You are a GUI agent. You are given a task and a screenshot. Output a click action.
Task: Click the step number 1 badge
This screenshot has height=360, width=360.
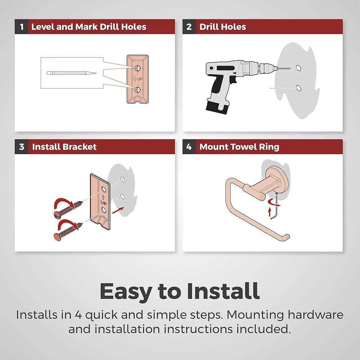[x=21, y=27]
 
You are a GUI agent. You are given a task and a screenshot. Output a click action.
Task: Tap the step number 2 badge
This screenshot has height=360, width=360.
[x=189, y=27]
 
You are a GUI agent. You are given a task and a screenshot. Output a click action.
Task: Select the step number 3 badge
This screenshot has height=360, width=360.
[x=21, y=147]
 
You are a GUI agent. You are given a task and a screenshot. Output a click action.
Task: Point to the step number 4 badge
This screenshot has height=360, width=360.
[x=189, y=147]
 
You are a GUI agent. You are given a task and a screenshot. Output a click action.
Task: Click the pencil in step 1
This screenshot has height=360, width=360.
[x=72, y=73]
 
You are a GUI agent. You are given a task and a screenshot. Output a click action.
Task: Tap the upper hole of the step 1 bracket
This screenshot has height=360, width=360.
[x=138, y=68]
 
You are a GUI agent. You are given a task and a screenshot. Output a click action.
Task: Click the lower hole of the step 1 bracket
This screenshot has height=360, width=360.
[x=138, y=90]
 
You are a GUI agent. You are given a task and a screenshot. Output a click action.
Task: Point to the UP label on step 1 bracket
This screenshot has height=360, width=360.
[x=138, y=79]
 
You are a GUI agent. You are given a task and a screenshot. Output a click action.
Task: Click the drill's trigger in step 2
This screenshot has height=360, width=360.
[x=234, y=80]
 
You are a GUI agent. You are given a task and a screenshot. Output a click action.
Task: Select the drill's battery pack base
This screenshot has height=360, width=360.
[x=217, y=107]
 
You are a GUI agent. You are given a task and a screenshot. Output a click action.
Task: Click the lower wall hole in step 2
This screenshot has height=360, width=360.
[x=298, y=88]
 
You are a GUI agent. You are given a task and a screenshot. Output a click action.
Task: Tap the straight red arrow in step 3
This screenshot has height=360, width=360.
[x=118, y=210]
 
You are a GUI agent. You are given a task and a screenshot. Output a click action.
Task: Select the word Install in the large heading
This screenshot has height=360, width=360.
[x=223, y=291]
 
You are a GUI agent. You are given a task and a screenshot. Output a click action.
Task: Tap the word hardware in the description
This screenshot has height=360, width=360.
[x=315, y=315]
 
